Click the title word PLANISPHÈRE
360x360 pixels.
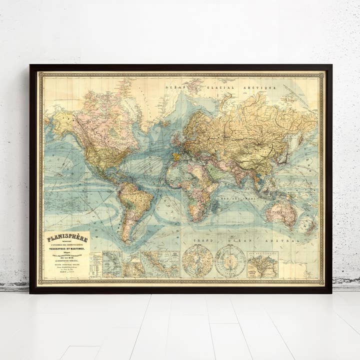pos(66,238)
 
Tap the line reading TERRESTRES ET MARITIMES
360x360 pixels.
pos(66,248)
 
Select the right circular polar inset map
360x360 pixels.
pos(230,261)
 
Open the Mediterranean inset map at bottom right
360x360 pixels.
pos(262,264)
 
